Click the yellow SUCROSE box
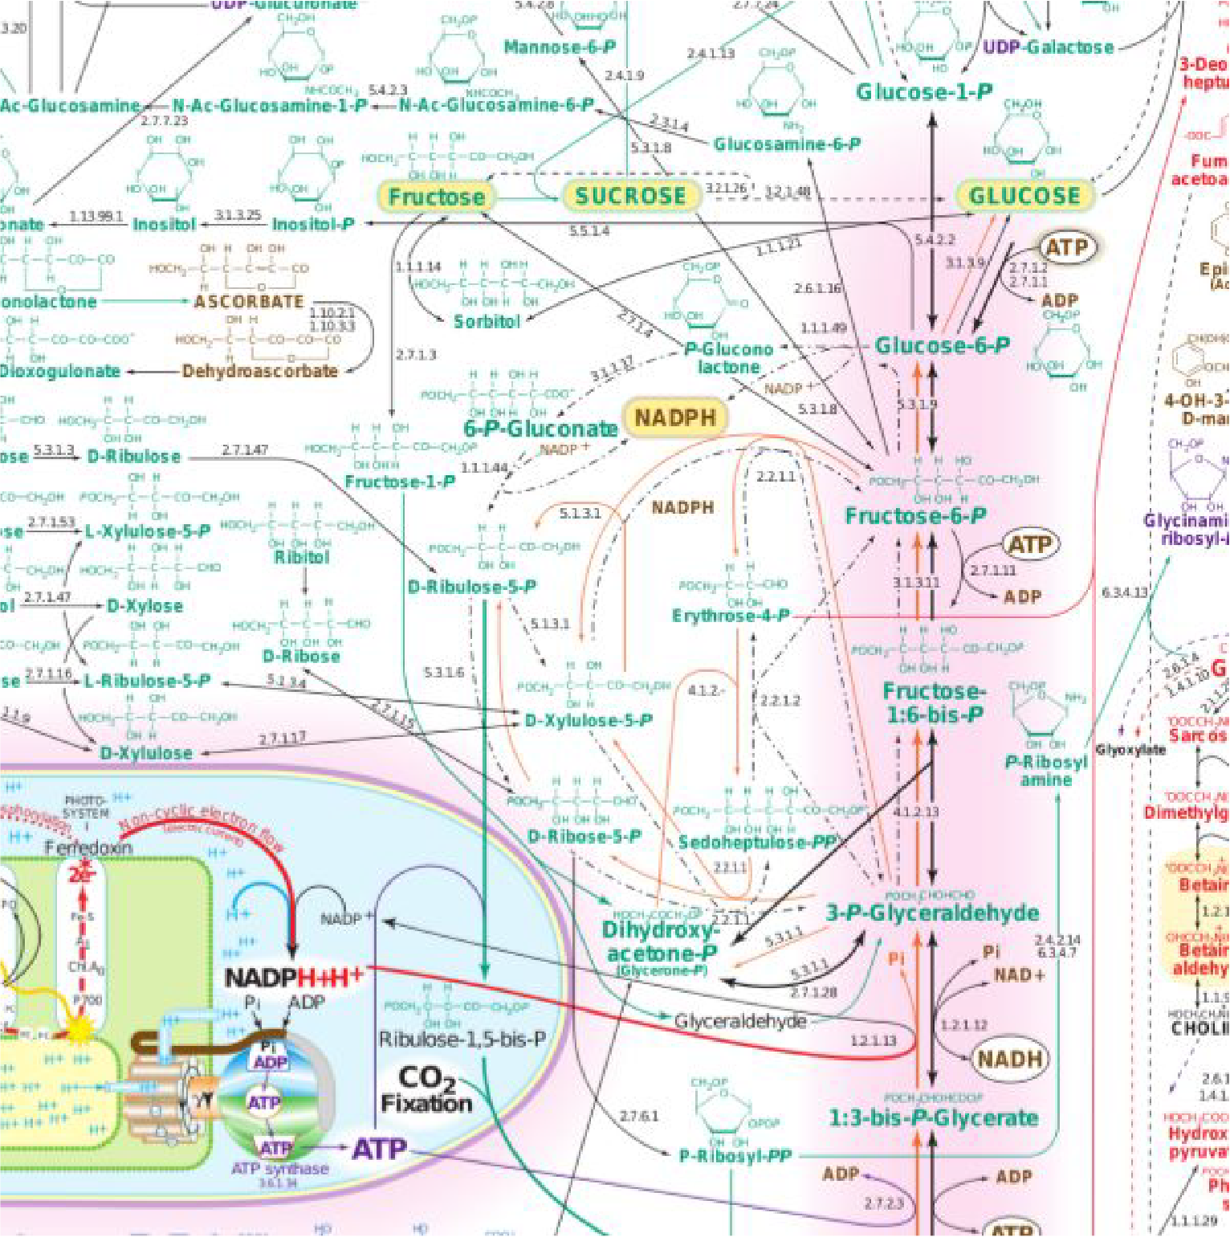point(630,196)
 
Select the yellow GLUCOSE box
point(1024,196)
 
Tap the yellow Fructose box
point(436,197)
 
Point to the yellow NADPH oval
point(674,417)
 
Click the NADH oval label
point(1009,1059)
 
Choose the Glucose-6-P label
point(942,346)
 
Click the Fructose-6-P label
point(916,516)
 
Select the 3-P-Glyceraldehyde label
point(932,913)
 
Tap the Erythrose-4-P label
point(731,616)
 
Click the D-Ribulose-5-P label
point(472,587)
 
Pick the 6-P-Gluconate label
point(540,429)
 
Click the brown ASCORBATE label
point(249,302)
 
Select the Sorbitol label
point(487,321)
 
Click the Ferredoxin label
point(88,847)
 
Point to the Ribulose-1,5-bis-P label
point(462,1040)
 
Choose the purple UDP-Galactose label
point(1048,47)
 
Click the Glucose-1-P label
point(924,92)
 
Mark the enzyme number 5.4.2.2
point(935,240)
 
